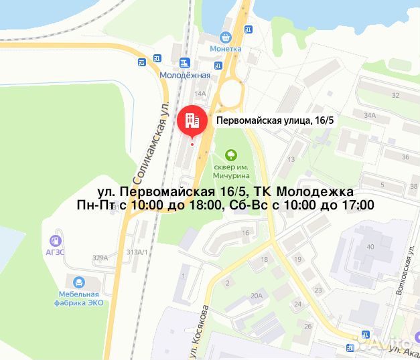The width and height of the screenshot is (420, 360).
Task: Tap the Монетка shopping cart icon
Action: pos(226,39)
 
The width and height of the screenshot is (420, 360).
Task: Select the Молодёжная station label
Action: pos(184,76)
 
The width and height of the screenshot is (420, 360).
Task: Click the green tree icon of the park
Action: pos(231,155)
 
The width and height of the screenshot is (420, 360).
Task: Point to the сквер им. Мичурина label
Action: pos(231,171)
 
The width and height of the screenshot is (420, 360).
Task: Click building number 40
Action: pos(370,247)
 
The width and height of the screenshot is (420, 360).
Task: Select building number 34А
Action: pos(370,115)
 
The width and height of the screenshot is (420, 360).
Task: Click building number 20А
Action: pos(255,295)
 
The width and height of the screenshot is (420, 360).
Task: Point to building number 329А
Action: pos(100,258)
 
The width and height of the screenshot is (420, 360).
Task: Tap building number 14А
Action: pos(200,94)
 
